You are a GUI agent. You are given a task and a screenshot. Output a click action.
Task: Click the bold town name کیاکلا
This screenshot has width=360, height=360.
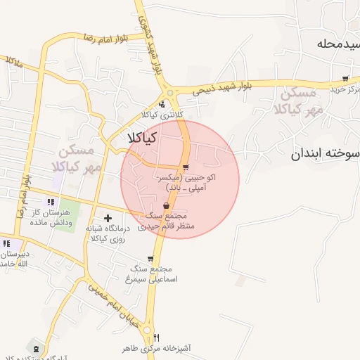(x=141, y=139)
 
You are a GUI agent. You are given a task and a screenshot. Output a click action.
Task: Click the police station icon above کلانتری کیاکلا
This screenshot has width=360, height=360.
(x=162, y=104)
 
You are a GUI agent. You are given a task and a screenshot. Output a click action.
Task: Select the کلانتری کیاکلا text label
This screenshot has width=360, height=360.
(x=162, y=115)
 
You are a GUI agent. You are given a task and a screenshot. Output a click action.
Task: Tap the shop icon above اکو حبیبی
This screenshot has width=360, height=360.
(x=186, y=167)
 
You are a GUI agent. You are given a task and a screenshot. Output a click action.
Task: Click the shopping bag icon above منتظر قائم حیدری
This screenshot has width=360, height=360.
(x=166, y=205)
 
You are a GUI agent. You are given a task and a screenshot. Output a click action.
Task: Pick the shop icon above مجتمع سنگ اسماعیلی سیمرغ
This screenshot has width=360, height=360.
(x=150, y=259)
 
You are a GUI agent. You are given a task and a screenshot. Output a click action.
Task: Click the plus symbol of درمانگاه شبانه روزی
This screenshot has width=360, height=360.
(x=108, y=219)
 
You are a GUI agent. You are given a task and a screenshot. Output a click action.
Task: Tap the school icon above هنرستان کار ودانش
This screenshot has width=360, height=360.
(x=49, y=202)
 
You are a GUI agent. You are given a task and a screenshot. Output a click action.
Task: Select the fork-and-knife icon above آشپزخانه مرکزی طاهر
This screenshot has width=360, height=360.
(x=156, y=337)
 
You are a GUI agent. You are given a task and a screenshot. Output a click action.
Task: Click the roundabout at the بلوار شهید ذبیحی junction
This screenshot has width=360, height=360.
(x=169, y=93)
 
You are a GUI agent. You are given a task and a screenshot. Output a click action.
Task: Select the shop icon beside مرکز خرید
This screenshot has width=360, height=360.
(x=345, y=79)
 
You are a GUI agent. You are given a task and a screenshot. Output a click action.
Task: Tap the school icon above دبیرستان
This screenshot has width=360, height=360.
(x=6, y=243)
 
